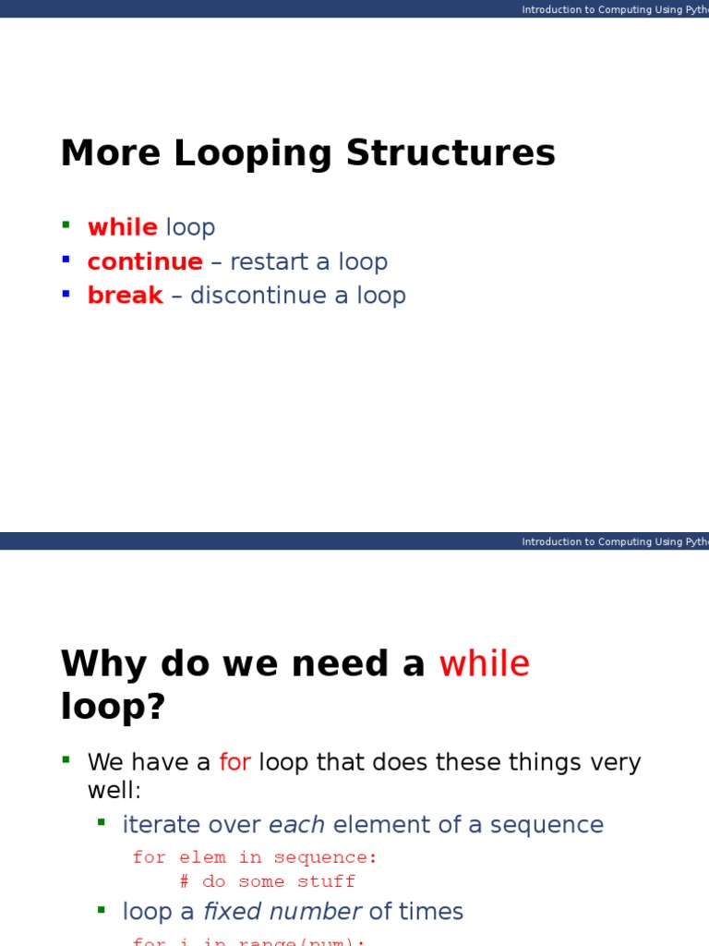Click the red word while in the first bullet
point(122,227)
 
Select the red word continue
point(145,261)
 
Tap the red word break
point(125,296)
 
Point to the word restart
point(268,261)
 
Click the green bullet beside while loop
point(66,224)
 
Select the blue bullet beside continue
point(66,259)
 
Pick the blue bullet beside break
point(66,293)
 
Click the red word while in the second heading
point(484,664)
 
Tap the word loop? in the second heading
point(113,707)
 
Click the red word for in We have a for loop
point(234,763)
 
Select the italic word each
point(296,825)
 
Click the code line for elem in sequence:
point(255,857)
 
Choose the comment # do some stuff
point(267,881)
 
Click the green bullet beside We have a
point(66,760)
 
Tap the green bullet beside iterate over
point(102,822)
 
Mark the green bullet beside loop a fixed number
point(102,909)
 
